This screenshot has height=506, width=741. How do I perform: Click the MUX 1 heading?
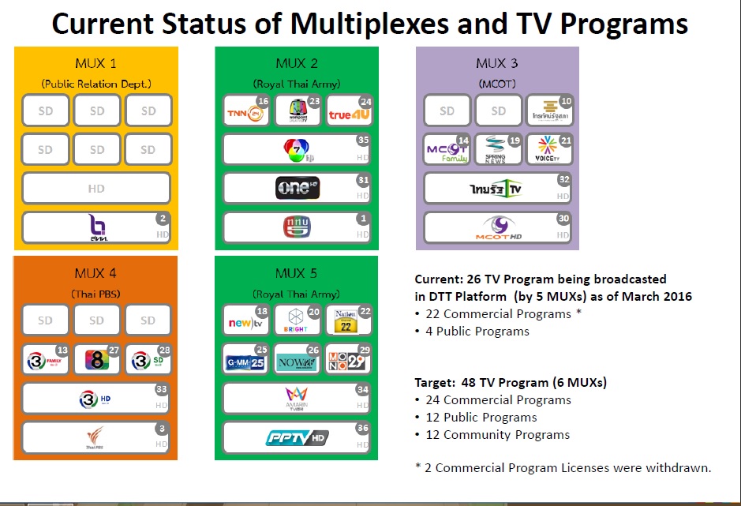coord(96,63)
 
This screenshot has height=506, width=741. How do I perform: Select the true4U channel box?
coord(348,112)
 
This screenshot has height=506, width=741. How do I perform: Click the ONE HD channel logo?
coord(297,187)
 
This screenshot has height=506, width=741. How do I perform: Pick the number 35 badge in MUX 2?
coord(363,141)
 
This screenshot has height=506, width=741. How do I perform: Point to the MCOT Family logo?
coord(447,149)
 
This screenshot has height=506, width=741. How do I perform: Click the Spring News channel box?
coord(498,149)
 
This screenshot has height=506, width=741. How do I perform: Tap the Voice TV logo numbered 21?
coord(548,148)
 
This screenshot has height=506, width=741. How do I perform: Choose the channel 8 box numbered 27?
coord(96,359)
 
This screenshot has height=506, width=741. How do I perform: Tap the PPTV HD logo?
coord(297,437)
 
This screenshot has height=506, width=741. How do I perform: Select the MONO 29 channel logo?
coord(348,359)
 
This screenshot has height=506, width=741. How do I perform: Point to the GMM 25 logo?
coord(245,359)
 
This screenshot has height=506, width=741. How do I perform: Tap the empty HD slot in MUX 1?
coord(96,189)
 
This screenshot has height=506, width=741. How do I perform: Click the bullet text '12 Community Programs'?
coord(497,434)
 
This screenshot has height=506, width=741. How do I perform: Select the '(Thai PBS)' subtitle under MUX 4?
coord(96,294)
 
